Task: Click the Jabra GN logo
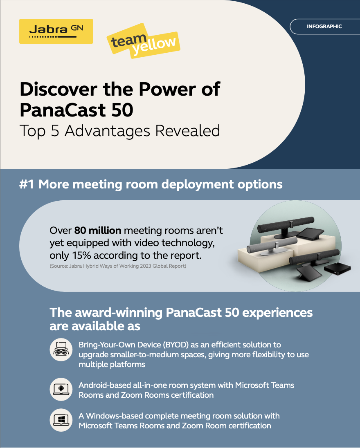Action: (56, 31)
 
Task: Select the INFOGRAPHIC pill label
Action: (324, 27)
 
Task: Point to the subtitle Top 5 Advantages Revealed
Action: (120, 130)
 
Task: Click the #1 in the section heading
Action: (27, 184)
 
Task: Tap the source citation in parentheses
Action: (118, 266)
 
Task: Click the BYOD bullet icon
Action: (61, 349)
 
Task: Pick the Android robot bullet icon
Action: (61, 390)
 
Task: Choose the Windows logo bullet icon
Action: (61, 420)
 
